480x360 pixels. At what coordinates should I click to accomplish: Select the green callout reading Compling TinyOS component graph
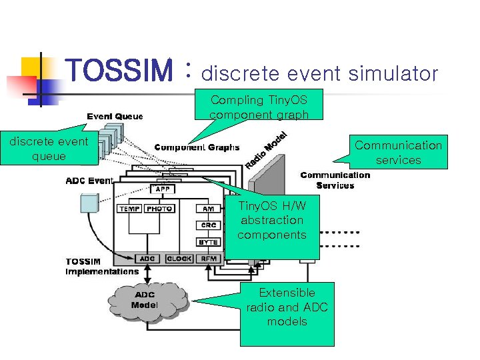point(259,107)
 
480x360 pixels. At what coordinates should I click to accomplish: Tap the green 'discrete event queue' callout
point(49,149)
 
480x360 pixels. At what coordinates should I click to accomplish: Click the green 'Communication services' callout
point(398,153)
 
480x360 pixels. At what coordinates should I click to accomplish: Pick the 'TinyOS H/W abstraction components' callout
point(272,220)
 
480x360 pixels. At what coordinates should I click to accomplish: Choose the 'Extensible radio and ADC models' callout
point(287,307)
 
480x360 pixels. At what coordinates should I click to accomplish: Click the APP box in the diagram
point(162,189)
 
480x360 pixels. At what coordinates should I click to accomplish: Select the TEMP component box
point(129,209)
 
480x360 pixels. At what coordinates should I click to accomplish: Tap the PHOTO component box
point(160,209)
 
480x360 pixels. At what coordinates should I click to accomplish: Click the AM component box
point(209,209)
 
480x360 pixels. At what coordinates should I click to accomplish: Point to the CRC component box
point(209,225)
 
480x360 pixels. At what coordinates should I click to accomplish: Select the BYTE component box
point(209,242)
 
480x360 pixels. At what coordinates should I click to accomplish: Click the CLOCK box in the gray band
point(179,259)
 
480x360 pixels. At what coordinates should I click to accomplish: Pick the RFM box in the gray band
point(209,259)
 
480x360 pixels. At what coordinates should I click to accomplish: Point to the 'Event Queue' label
point(115,116)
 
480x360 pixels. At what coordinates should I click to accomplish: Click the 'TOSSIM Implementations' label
point(101,267)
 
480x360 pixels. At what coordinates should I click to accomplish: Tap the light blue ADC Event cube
point(89,204)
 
